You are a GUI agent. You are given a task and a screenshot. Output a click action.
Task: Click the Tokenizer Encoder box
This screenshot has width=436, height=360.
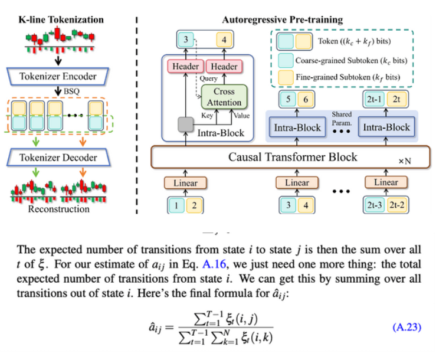click(x=58, y=77)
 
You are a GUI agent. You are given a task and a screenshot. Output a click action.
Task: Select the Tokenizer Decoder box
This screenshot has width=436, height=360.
click(x=58, y=158)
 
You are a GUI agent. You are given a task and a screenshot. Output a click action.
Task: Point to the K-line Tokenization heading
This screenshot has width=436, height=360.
click(x=61, y=19)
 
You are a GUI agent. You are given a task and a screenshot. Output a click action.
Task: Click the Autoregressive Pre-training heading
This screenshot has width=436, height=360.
click(x=282, y=19)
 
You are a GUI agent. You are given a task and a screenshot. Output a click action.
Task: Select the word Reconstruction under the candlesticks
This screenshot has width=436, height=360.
click(x=58, y=209)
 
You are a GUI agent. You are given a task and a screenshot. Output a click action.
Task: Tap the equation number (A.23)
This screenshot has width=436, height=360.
click(x=407, y=326)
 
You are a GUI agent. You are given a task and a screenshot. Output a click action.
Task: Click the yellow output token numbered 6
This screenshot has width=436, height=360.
click(x=306, y=100)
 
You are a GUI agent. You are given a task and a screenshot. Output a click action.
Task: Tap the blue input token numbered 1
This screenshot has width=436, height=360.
click(x=176, y=205)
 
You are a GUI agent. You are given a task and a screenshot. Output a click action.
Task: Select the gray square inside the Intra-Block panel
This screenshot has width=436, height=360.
click(x=187, y=125)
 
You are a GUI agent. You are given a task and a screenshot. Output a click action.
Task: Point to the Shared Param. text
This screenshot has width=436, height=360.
click(x=342, y=117)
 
